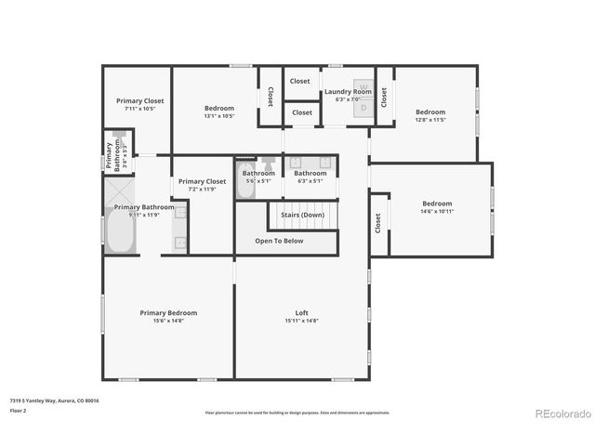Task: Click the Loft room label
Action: pos(301,313)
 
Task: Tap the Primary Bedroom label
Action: pos(168,313)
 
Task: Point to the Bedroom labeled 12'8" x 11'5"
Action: pos(430,112)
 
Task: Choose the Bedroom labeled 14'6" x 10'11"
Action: pos(437,203)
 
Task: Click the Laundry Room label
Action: pos(347,92)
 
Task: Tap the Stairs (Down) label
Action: pos(302,215)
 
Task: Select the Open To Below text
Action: pos(279,241)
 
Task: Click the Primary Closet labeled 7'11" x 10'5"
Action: pos(139,100)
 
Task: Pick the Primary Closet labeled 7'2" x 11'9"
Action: pos(202,182)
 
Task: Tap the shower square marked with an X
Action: pos(120,192)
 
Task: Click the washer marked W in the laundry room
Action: pos(364,87)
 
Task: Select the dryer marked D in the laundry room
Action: pos(364,107)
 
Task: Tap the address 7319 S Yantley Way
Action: pos(54,400)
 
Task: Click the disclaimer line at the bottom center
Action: pos(297,413)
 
